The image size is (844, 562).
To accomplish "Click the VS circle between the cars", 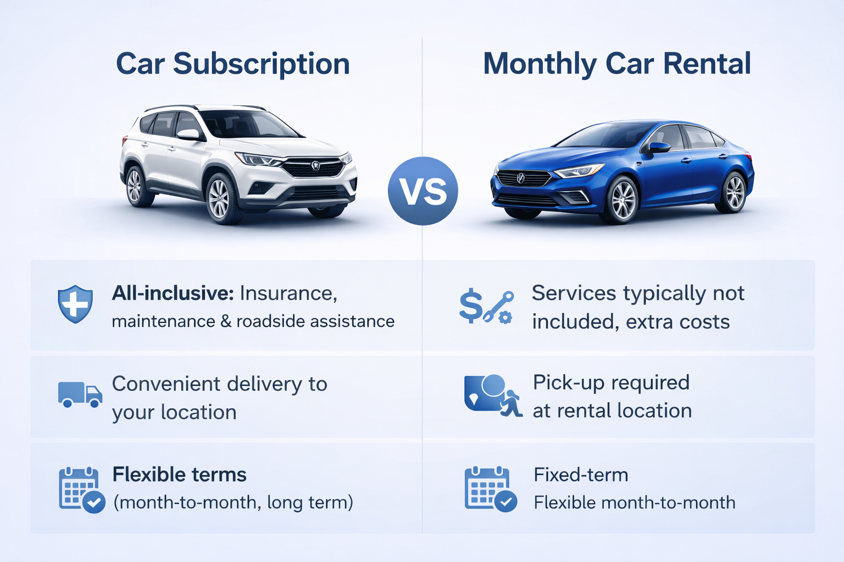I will click(x=423, y=191).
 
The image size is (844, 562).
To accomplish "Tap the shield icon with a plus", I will click(x=75, y=304).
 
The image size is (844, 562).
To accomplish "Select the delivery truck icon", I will click(x=80, y=395).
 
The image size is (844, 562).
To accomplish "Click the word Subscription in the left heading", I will click(x=262, y=64).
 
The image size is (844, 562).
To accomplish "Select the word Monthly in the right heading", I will click(x=540, y=64).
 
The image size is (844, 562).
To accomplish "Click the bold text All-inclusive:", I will click(x=173, y=293).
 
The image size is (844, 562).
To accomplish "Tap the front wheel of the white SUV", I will click(x=220, y=199).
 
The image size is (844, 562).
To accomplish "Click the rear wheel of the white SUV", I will click(x=135, y=186).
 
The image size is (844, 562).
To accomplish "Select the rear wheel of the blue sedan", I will click(x=734, y=192).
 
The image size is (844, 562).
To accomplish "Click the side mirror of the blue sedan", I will click(x=658, y=147).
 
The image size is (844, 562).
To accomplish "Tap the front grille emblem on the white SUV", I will click(x=315, y=165).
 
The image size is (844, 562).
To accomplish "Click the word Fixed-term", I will click(x=581, y=475).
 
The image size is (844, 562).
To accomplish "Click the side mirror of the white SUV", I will click(x=188, y=134).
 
